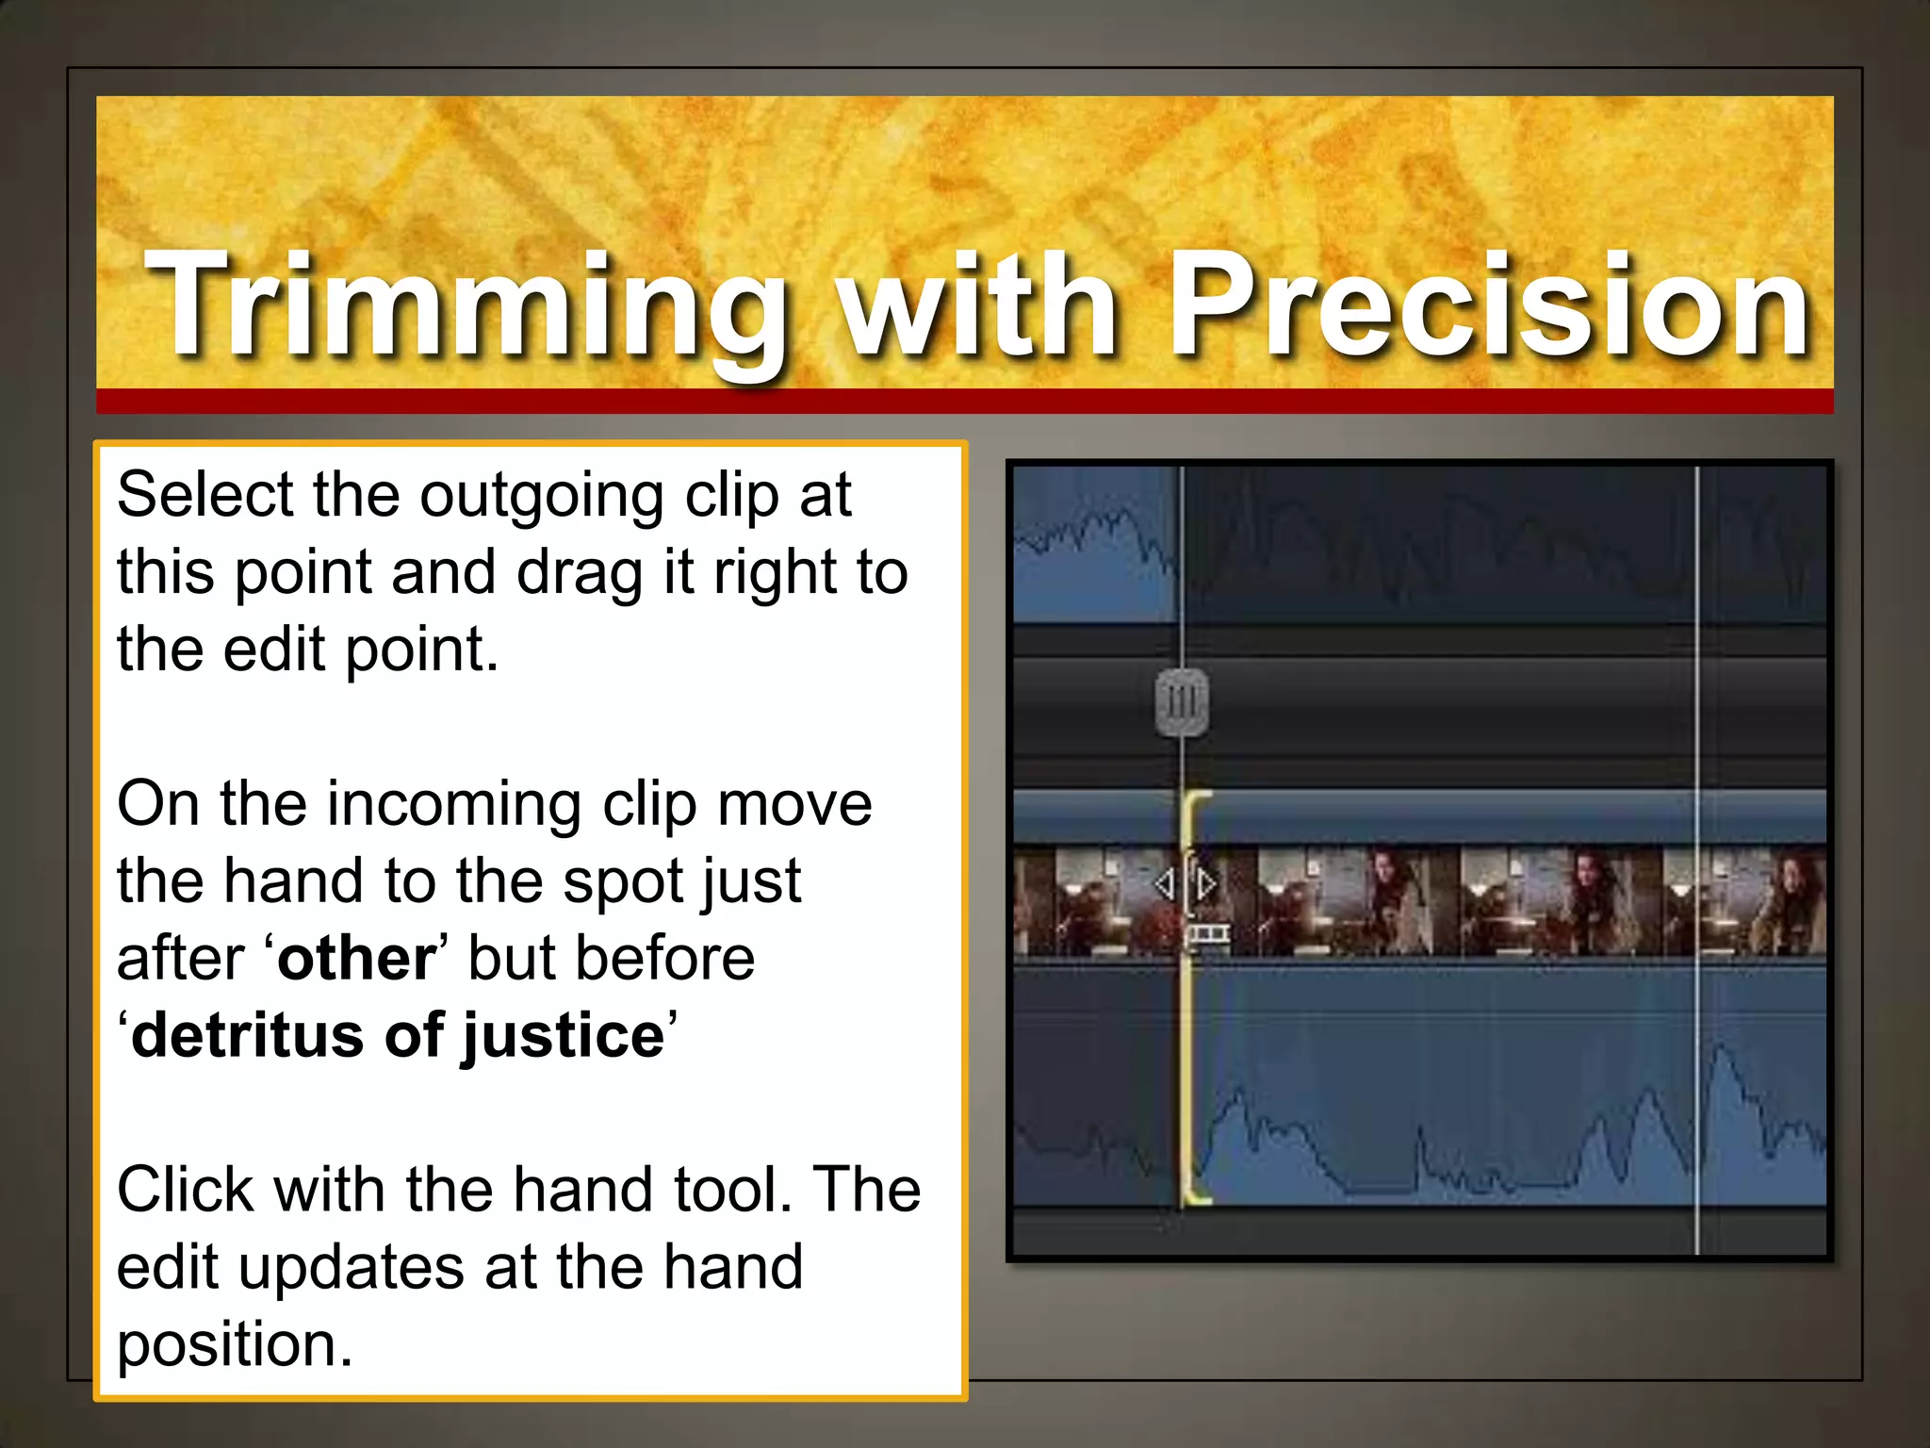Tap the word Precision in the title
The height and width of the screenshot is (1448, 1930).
click(x=1489, y=306)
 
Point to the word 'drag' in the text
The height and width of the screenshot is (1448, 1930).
click(x=579, y=573)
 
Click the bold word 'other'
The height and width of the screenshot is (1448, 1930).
click(x=356, y=959)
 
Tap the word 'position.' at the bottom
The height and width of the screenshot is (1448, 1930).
click(x=235, y=1346)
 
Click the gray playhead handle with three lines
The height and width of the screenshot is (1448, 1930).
click(x=1182, y=702)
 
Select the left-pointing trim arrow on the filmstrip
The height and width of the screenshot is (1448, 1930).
click(x=1165, y=884)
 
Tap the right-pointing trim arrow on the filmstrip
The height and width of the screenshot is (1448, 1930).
click(x=1205, y=884)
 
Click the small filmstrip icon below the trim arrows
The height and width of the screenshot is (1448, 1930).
click(x=1207, y=934)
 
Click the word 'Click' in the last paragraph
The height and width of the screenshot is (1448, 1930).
click(x=185, y=1190)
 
